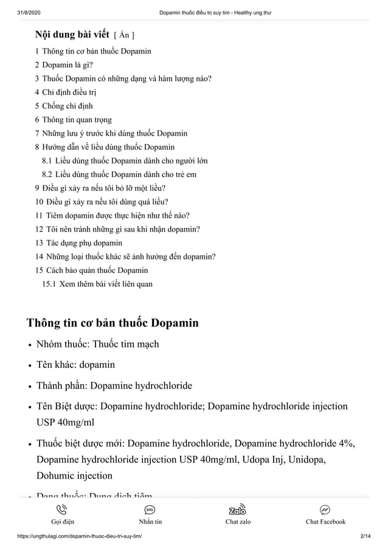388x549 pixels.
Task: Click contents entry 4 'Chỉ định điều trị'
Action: pos(69,92)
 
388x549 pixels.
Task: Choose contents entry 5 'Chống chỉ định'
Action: pos(68,106)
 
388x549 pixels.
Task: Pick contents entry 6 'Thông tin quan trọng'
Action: pos(77,120)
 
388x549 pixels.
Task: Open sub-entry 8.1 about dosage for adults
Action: pos(131,161)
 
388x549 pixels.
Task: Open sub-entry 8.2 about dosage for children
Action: pos(125,174)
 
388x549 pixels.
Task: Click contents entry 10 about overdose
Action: pos(105,202)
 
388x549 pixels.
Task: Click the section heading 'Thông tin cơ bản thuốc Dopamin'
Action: pos(113,322)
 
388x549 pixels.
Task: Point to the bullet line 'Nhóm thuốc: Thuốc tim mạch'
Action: pos(97,344)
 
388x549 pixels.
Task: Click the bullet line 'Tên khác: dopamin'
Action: pos(75,365)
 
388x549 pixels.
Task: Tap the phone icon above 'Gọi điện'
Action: pos(63,510)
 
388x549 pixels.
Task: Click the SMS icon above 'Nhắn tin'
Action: pos(150,510)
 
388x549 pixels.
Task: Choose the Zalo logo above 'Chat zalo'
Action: pos(237,510)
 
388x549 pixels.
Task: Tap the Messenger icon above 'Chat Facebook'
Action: pos(325,510)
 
